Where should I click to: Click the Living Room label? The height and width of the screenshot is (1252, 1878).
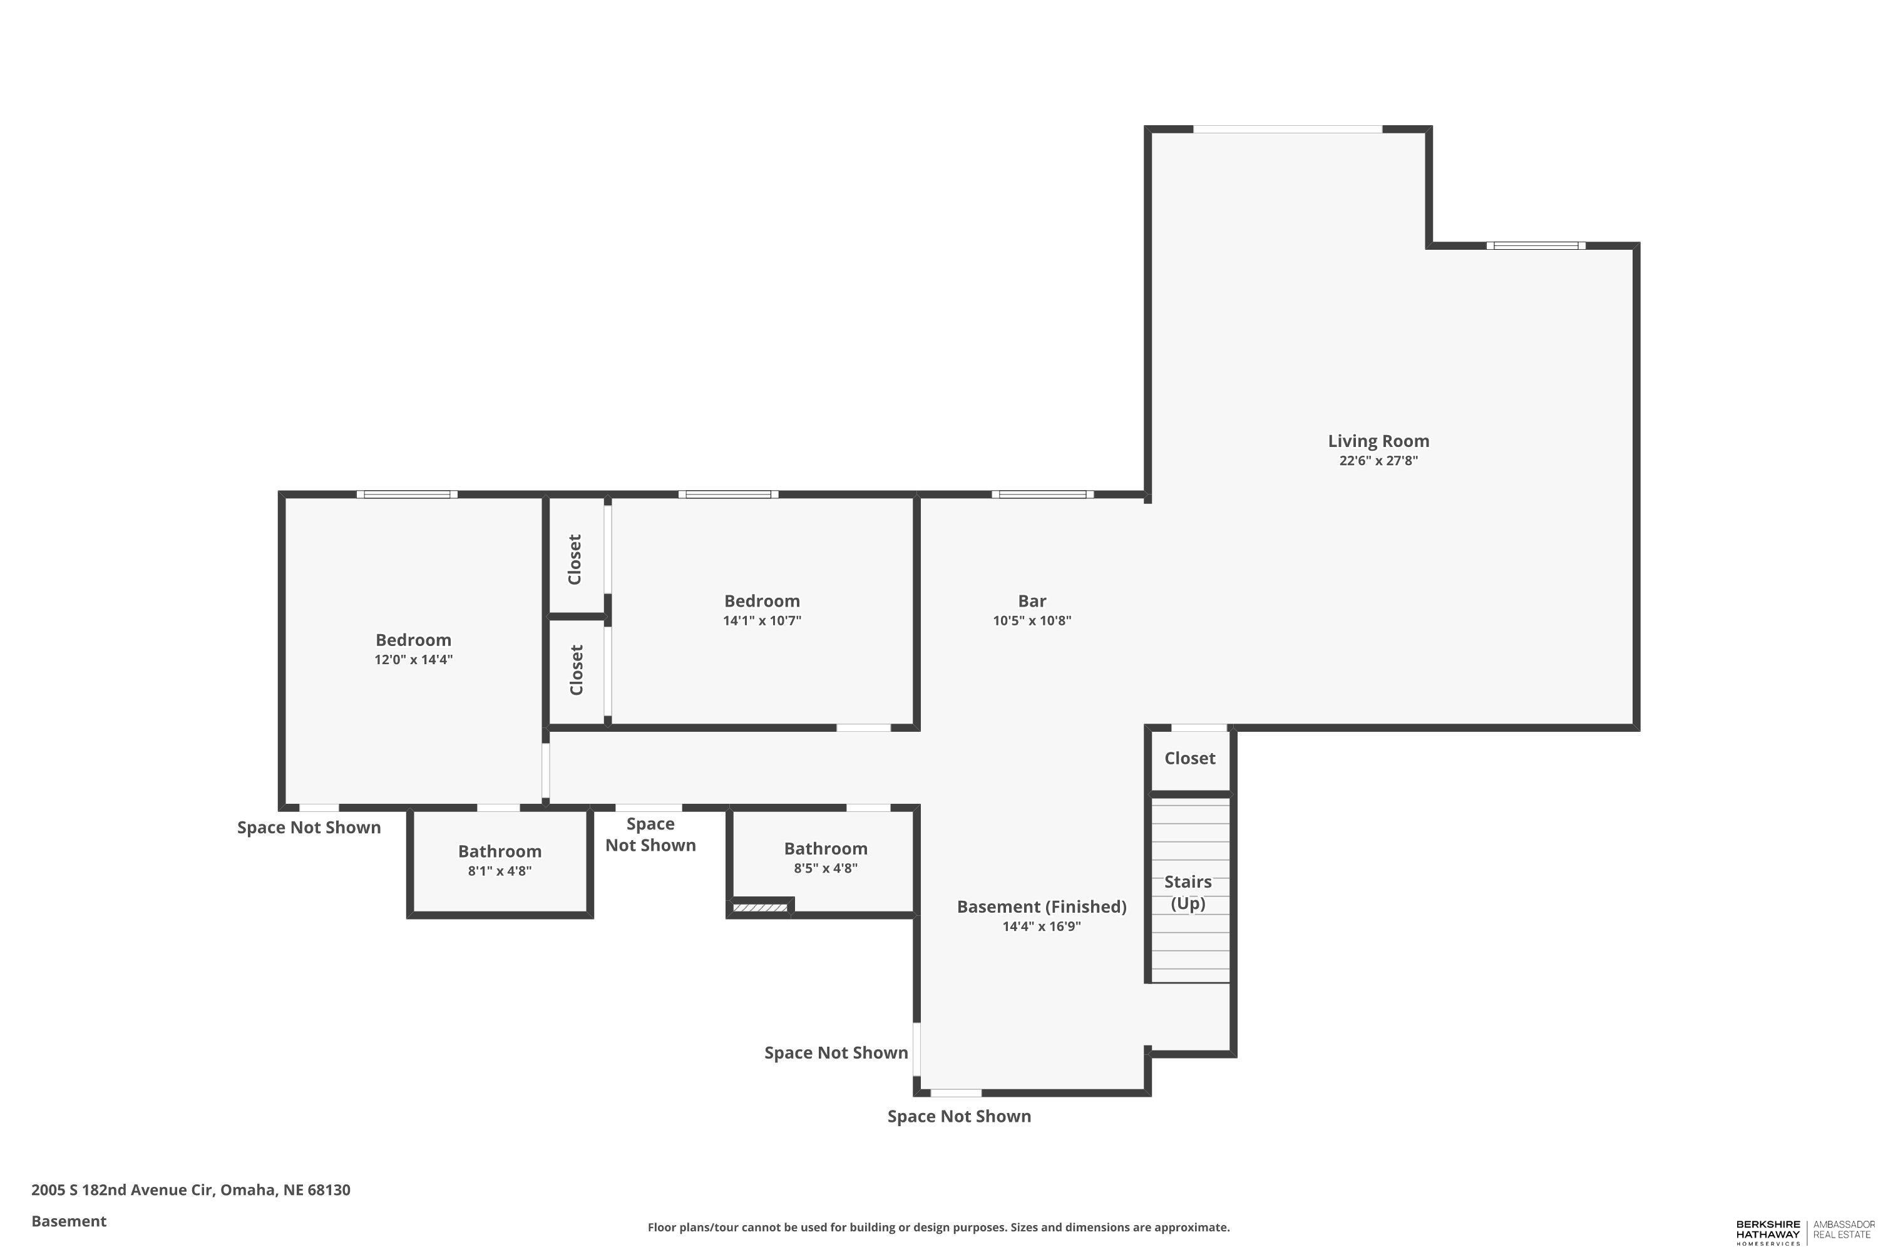(x=1378, y=441)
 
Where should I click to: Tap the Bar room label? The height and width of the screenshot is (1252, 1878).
(x=1032, y=601)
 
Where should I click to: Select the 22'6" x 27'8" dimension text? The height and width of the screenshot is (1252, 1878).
(x=1378, y=461)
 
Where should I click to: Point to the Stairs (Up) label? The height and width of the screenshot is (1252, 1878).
(x=1188, y=893)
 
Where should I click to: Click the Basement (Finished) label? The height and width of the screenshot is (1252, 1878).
(x=1041, y=907)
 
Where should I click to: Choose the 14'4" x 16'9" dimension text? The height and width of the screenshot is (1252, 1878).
(x=1041, y=927)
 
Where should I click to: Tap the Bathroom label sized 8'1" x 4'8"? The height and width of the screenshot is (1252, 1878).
(x=500, y=851)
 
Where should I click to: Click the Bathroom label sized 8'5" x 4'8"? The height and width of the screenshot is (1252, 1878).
(x=826, y=849)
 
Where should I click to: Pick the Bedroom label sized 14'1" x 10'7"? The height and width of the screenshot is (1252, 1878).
(x=762, y=601)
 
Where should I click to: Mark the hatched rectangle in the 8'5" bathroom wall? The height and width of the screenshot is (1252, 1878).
(x=760, y=908)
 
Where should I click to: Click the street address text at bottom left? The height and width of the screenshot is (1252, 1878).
(x=191, y=1190)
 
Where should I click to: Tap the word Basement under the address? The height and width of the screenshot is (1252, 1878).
(x=69, y=1221)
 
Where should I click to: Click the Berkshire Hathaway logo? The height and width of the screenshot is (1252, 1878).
(x=1768, y=1232)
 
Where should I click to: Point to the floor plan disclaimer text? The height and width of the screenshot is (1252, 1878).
(x=938, y=1227)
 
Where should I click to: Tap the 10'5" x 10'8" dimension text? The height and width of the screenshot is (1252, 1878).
(x=1032, y=621)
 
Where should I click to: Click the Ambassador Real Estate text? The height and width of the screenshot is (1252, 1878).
(x=1843, y=1229)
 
